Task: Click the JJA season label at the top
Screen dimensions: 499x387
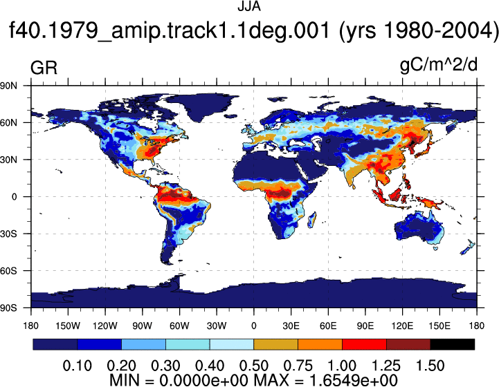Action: point(249,7)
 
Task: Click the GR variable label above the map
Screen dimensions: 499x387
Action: point(44,68)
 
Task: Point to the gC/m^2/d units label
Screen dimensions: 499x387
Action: point(439,66)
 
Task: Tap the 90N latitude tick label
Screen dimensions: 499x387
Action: point(8,86)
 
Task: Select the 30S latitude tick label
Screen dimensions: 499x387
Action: point(8,234)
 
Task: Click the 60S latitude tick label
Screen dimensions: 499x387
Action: point(8,271)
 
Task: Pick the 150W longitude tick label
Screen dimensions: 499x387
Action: point(68,326)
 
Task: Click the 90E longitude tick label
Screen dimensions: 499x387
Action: point(365,326)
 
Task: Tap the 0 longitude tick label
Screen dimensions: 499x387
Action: point(253,326)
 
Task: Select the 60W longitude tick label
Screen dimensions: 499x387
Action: point(179,326)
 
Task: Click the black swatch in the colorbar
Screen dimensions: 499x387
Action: point(452,344)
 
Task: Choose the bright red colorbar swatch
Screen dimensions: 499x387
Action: point(364,344)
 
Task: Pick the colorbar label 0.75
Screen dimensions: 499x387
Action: point(298,366)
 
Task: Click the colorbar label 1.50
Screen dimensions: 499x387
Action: point(430,366)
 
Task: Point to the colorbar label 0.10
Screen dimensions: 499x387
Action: point(77,366)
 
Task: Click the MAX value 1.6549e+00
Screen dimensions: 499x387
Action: point(353,380)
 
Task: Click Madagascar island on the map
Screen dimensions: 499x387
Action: point(312,220)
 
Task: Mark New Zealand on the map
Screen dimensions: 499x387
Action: point(468,247)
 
